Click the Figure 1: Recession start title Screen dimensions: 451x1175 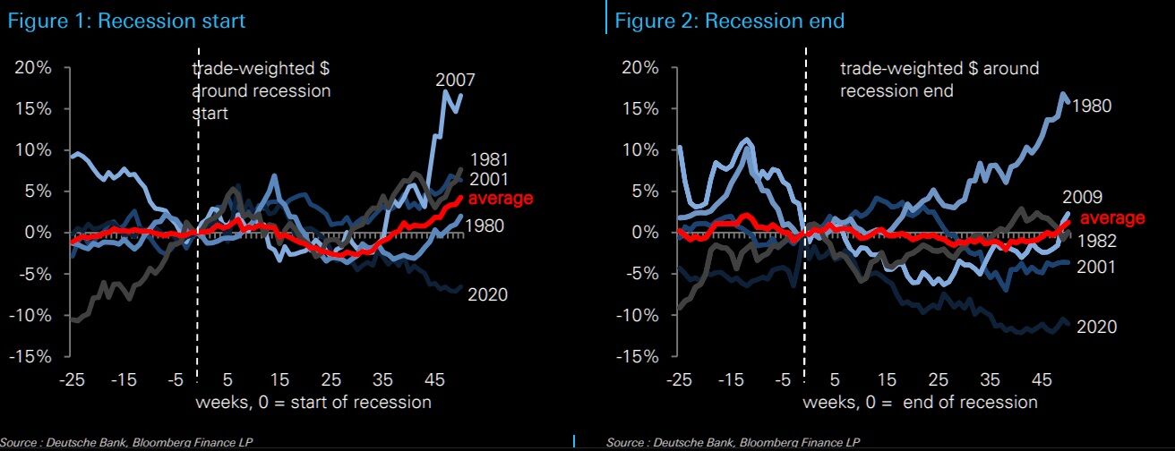pos(123,20)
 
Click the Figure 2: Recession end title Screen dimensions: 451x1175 pos(730,20)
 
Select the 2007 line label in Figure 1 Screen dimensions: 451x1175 pos(455,80)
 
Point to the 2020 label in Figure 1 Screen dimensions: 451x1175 pos(487,294)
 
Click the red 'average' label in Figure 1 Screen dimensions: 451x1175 pos(501,198)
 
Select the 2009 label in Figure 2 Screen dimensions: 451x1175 pos(1082,197)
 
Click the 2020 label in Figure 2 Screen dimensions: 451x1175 pos(1096,327)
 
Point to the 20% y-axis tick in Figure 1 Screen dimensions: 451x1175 pos(33,67)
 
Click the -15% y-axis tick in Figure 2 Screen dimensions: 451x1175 pos(639,356)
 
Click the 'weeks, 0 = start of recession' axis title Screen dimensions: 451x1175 pos(313,401)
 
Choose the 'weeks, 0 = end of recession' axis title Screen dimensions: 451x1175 pos(920,401)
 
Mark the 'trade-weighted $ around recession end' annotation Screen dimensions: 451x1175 pos(939,79)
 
